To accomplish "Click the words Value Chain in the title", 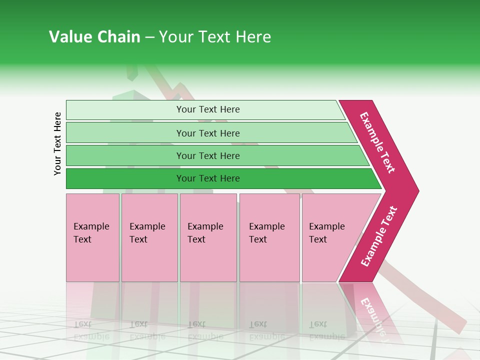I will point(94,37).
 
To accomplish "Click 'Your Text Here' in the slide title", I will point(214,37).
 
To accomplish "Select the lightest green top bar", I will point(125,109).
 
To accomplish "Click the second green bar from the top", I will point(125,133).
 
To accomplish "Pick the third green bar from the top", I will point(125,155).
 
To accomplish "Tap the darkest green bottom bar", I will point(125,178).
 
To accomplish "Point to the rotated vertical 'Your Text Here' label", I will point(58,143).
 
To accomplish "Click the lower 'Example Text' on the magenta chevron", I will point(379,236).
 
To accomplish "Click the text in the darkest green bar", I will point(208,178).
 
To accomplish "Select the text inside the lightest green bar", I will point(208,109).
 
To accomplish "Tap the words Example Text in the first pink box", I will point(91,232).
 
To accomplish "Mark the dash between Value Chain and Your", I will point(149,37).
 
